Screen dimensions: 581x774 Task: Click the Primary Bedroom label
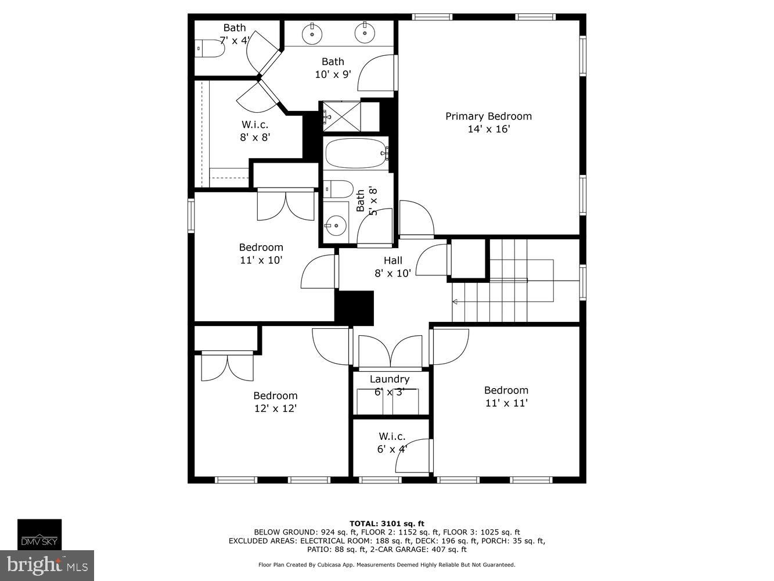(x=488, y=116)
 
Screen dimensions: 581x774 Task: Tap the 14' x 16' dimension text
(x=488, y=129)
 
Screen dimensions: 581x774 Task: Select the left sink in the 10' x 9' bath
(x=312, y=34)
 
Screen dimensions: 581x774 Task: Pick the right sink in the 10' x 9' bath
(x=365, y=34)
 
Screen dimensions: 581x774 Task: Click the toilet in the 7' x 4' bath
(x=209, y=48)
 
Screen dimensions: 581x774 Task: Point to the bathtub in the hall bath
(x=355, y=153)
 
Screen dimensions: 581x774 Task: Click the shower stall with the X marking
(x=341, y=116)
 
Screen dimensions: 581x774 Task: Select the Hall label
(x=393, y=261)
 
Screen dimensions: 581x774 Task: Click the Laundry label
(x=390, y=379)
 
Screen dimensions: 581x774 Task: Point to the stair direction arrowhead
(x=455, y=302)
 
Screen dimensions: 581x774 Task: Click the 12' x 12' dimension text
(x=275, y=408)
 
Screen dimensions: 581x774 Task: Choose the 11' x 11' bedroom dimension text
(x=506, y=403)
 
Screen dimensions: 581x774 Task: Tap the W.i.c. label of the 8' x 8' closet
(x=255, y=124)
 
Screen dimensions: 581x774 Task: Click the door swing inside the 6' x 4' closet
(x=414, y=457)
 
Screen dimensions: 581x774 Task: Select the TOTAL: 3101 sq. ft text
(x=387, y=523)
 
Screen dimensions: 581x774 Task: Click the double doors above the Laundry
(x=390, y=352)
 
